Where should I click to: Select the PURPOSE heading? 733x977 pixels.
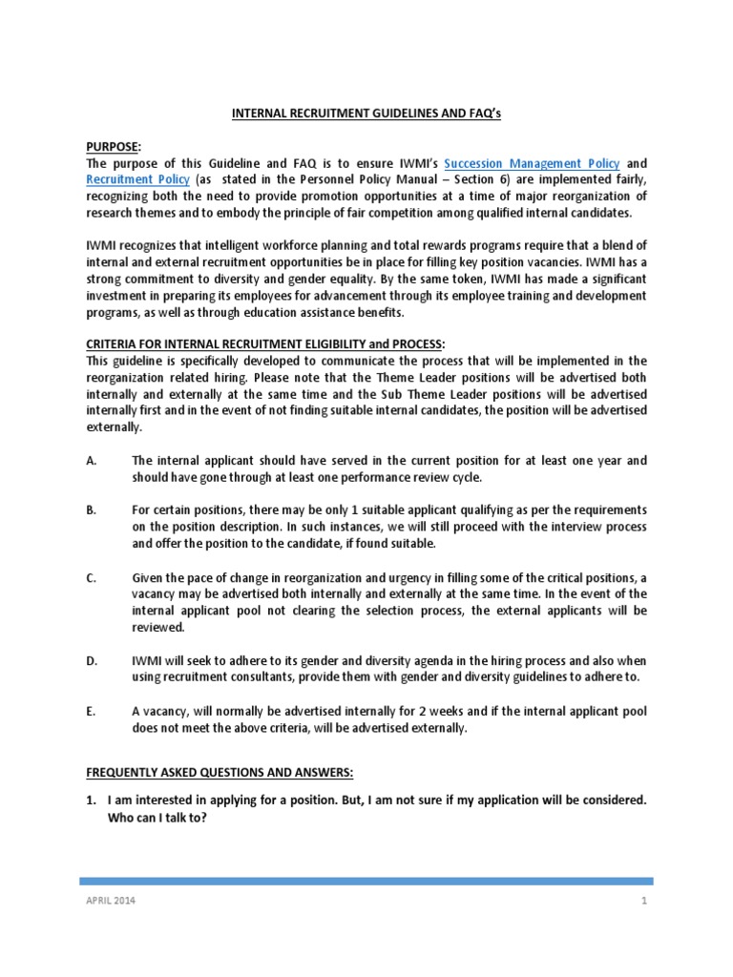pyautogui.click(x=113, y=147)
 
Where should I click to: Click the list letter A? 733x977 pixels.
pyautogui.click(x=91, y=461)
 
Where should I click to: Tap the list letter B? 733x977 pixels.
pyautogui.click(x=91, y=510)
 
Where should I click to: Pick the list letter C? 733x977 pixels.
pyautogui.click(x=91, y=576)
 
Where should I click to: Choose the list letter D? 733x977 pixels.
pyautogui.click(x=91, y=660)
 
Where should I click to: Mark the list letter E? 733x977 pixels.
pyautogui.click(x=91, y=710)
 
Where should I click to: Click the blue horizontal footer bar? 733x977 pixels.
pyautogui.click(x=367, y=881)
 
